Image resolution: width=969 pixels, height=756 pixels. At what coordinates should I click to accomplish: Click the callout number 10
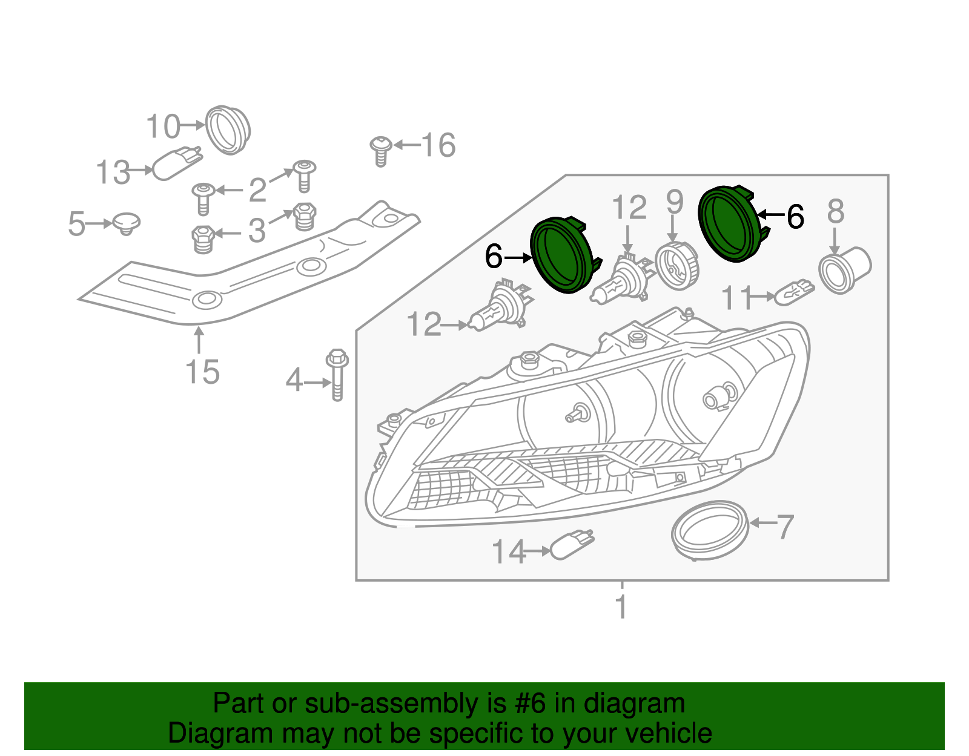163,127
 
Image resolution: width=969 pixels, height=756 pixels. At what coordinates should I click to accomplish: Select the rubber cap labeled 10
228,130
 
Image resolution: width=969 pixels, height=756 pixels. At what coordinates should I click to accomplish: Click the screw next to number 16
381,151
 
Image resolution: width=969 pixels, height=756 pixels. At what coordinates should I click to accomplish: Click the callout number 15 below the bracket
202,372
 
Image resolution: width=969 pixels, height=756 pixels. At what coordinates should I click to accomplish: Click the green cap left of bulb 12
561,255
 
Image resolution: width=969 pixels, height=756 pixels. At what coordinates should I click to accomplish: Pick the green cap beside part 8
730,225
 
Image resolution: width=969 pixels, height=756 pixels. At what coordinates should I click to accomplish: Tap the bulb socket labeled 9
677,266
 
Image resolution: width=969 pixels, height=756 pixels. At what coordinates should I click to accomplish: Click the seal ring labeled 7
710,530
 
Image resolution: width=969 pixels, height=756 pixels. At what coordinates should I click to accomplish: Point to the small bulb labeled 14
572,545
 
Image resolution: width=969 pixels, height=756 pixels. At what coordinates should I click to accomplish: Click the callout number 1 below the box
621,607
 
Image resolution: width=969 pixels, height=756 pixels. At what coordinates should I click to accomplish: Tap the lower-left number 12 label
424,324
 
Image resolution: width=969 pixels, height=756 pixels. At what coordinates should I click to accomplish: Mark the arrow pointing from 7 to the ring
762,522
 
